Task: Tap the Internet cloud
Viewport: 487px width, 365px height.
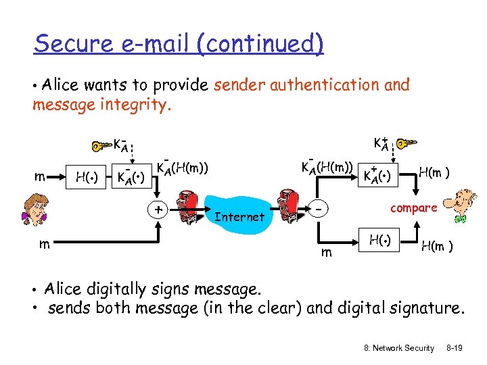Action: point(238,216)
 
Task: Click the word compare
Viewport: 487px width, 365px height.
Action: point(413,208)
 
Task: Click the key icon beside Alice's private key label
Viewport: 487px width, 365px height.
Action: point(103,145)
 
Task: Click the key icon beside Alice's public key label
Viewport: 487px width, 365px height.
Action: point(408,144)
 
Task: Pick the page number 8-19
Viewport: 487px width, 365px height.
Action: point(455,347)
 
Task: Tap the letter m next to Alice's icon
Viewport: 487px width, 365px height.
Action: point(41,177)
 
